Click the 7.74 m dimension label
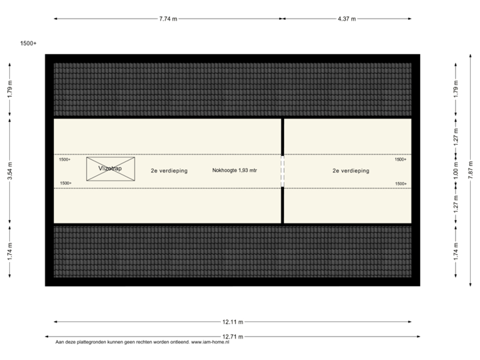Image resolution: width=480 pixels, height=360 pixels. tap(168, 19)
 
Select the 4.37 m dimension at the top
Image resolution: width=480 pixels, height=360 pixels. tap(347, 19)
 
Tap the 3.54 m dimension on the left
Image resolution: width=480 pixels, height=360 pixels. tap(9, 171)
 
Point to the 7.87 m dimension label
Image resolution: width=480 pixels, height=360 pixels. tap(471, 170)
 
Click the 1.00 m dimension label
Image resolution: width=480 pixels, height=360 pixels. tap(456, 170)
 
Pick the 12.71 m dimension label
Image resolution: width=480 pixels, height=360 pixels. tap(233, 337)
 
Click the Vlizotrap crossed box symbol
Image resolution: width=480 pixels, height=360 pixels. tap(111, 169)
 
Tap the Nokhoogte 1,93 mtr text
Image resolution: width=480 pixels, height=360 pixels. tap(235, 171)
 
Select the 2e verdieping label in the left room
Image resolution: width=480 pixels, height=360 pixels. tap(169, 171)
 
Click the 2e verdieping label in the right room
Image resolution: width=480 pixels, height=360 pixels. tap(351, 171)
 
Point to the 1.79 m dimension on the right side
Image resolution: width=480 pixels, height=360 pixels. tap(456, 89)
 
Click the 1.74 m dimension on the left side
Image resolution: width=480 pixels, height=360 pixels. tap(9, 252)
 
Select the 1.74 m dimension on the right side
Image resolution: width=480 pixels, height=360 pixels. tap(456, 252)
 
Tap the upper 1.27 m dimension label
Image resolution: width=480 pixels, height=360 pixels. tap(456, 137)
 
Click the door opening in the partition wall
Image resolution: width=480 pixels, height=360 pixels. tap(283, 171)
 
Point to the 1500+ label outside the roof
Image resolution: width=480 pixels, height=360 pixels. tap(28, 43)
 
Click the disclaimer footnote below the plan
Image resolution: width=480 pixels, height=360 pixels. tap(143, 343)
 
